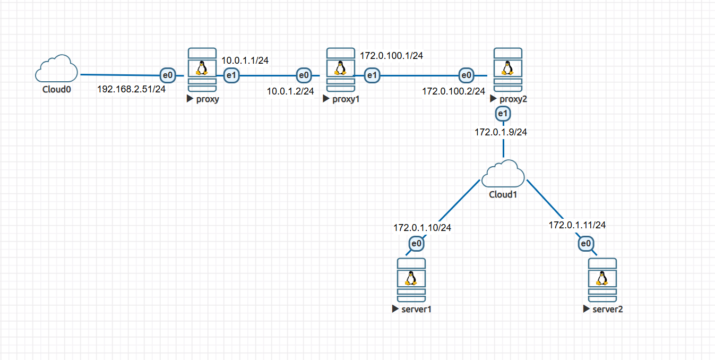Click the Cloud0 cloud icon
coord(57,68)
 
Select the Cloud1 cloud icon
coord(503,174)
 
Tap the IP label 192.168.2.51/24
coord(131,89)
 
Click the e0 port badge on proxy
coord(168,76)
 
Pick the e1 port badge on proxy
coord(231,76)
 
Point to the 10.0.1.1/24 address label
coord(245,61)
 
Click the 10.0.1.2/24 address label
coord(290,91)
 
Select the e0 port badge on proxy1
coord(304,76)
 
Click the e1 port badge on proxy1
coord(373,76)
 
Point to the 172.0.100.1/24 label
coord(391,55)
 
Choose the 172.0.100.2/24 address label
coord(453,91)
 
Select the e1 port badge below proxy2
coord(502,113)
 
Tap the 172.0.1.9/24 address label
coord(501,132)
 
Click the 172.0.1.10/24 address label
coord(422,228)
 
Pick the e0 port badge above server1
coord(417,244)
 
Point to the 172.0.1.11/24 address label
coord(577,225)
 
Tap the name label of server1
coord(416,309)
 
